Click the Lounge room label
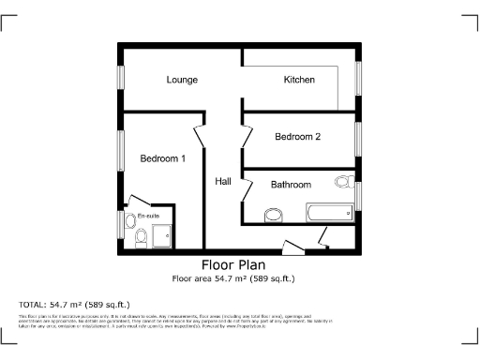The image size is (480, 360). tap(182, 80)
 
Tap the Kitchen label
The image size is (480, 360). tap(299, 80)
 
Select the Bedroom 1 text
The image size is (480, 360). tap(162, 158)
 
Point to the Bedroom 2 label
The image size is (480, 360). tap(297, 137)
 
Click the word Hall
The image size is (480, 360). tap(222, 181)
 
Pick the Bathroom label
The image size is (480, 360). tap(291, 185)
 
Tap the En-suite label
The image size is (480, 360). tap(148, 217)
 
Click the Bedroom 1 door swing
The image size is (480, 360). tap(200, 139)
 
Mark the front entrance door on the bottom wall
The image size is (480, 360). tap(294, 247)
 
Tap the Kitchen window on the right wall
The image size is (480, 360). tap(359, 77)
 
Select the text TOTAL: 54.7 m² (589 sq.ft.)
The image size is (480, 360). tap(75, 305)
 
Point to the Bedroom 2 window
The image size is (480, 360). tap(359, 138)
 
